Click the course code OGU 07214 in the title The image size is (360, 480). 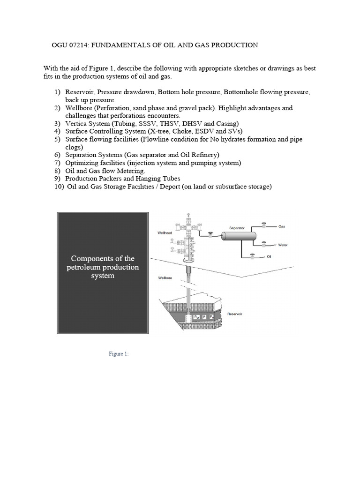coord(70,45)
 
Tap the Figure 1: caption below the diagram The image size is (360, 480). coord(118,354)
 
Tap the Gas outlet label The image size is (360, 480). coord(282,226)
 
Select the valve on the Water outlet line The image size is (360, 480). coord(264,243)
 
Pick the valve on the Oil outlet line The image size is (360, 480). coord(253,255)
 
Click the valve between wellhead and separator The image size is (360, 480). coord(210,233)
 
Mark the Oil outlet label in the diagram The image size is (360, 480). coord(269,257)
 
